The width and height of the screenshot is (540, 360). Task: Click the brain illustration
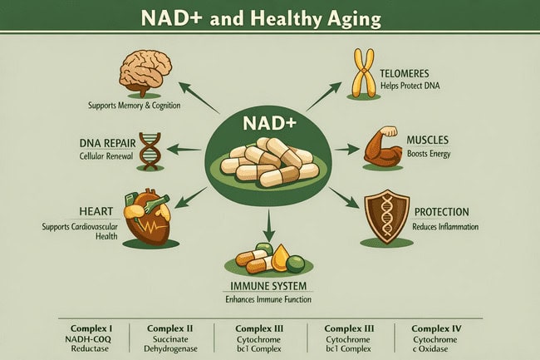click(x=145, y=72)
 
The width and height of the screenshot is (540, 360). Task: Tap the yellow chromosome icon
click(x=363, y=73)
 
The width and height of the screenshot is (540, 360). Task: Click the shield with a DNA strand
click(x=387, y=216)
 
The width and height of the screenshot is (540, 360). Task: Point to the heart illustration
click(x=147, y=216)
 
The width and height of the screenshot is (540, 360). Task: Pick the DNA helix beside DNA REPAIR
click(x=150, y=150)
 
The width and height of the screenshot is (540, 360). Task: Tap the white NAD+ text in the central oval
click(x=269, y=124)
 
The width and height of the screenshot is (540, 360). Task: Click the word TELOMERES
click(x=405, y=73)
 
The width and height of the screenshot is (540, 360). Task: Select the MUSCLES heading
click(x=427, y=140)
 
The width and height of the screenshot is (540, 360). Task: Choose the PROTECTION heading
click(x=441, y=212)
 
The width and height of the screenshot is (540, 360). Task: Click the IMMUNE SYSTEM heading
click(x=268, y=286)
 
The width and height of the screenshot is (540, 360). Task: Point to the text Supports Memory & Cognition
click(x=135, y=105)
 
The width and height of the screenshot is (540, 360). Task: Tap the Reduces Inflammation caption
click(x=445, y=227)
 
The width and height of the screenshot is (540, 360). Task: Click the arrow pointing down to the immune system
click(x=268, y=225)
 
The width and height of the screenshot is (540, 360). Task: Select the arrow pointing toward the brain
click(x=199, y=97)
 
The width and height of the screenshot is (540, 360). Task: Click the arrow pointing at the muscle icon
click(x=347, y=149)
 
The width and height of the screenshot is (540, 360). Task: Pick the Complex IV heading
click(x=436, y=328)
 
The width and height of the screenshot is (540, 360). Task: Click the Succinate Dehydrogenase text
click(x=170, y=344)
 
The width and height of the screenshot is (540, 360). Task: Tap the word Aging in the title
click(x=354, y=19)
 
